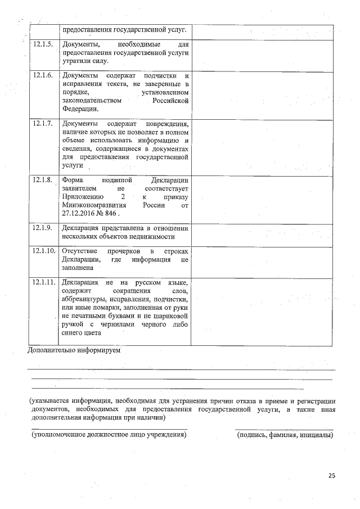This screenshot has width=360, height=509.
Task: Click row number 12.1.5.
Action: pos(43,44)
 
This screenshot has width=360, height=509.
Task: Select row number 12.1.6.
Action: pos(43,76)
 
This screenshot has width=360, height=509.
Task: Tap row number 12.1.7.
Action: pos(43,123)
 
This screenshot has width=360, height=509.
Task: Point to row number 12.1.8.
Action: pos(43,180)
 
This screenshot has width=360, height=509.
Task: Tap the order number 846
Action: pos(111,214)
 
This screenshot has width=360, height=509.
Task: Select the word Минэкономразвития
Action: pos(93,206)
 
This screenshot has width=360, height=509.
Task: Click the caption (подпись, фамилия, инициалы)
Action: pos(285,435)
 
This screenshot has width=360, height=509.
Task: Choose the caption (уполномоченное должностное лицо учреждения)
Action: pos(109,435)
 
